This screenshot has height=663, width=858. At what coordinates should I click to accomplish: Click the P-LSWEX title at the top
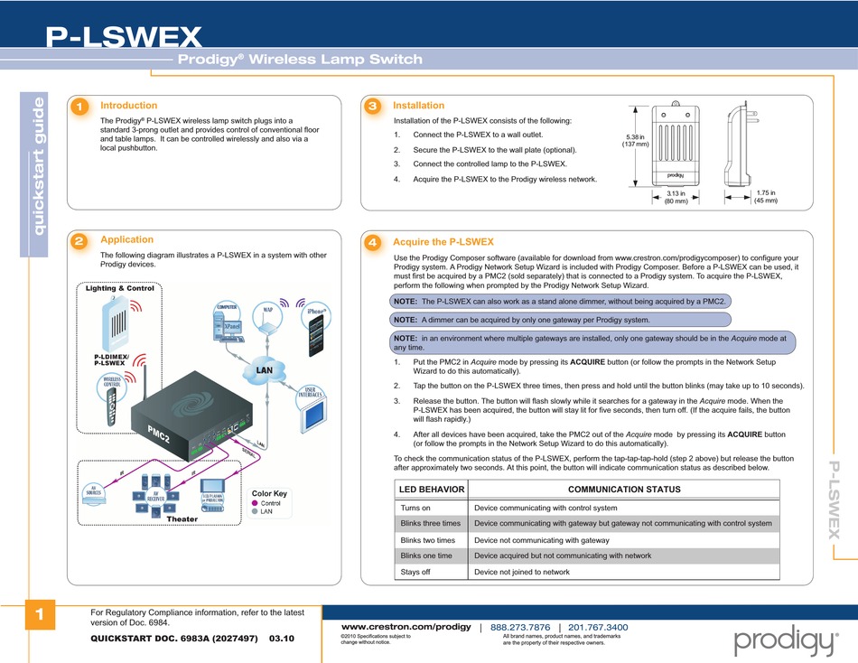[x=124, y=36]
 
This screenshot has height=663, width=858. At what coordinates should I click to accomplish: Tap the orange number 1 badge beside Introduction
[x=80, y=107]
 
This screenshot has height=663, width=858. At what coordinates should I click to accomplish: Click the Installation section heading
[x=418, y=106]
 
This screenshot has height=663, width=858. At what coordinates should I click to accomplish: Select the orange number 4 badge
[x=371, y=244]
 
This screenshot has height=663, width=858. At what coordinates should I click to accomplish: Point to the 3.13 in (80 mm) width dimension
[x=676, y=197]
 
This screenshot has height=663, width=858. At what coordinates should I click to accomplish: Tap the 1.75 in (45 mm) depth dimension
[x=766, y=196]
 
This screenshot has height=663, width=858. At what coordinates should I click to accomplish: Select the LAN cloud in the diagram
[x=264, y=369]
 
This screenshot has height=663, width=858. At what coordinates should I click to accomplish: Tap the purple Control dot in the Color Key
[x=256, y=503]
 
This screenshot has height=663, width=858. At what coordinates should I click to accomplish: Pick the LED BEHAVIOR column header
[x=432, y=490]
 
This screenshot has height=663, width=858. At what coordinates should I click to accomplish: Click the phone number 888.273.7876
[x=520, y=627]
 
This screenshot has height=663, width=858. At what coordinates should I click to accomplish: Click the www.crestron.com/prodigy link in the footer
[x=405, y=627]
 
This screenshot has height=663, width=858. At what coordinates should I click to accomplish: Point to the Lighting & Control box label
[x=120, y=288]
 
